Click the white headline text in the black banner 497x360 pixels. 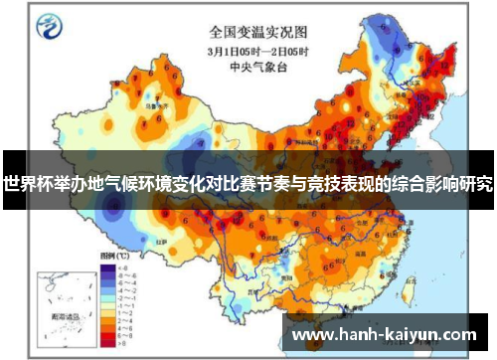(248, 184)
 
